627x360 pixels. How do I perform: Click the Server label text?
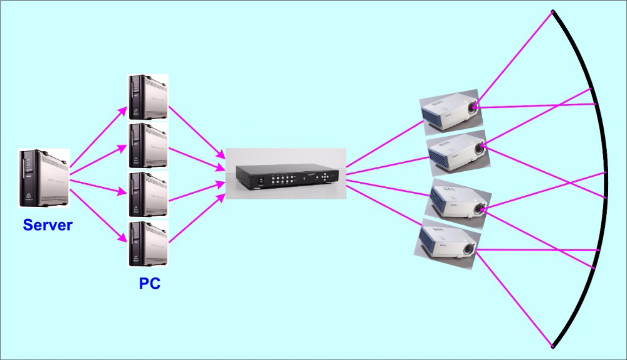[48, 225]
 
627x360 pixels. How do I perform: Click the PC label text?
[149, 283]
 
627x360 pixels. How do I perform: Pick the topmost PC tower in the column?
[147, 97]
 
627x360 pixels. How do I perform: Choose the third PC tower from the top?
[147, 193]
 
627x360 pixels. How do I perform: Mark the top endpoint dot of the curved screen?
[552, 11]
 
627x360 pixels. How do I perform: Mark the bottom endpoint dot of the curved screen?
[552, 346]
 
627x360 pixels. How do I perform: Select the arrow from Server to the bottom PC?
[98, 211]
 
